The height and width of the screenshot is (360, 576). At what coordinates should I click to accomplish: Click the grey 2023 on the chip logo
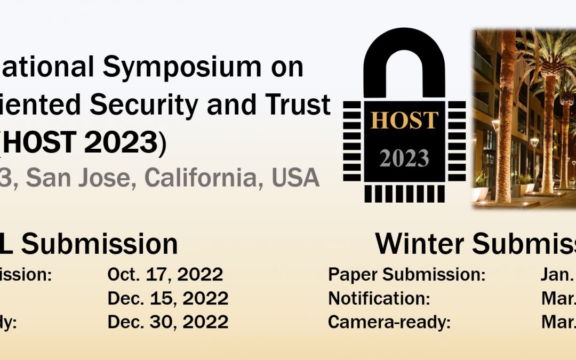[404, 158]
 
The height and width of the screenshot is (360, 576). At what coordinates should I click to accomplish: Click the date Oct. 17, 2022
[165, 275]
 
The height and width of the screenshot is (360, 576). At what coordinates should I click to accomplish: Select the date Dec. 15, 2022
[167, 299]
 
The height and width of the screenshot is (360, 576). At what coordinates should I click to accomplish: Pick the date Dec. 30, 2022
[167, 322]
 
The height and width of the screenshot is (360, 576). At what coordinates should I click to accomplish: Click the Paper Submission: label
[406, 275]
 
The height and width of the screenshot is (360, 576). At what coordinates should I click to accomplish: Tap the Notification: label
[379, 299]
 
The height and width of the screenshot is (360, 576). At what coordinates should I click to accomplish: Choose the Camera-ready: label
[389, 322]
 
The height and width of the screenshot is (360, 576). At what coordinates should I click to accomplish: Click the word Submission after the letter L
[99, 244]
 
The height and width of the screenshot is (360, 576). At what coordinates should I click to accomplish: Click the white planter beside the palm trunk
[480, 193]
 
